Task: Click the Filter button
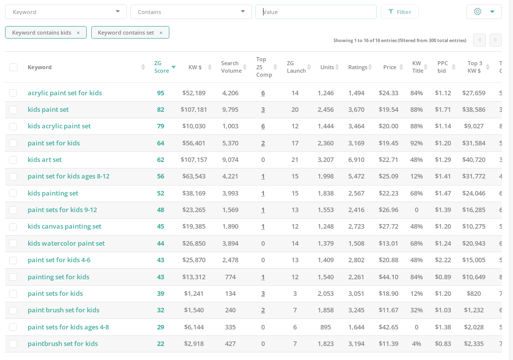coord(399,12)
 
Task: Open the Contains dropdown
coord(191,12)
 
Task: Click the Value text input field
coord(316,12)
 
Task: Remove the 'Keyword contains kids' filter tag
coord(78,33)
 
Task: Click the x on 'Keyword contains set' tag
coord(161,33)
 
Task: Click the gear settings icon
coord(477,12)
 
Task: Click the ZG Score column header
coord(161,67)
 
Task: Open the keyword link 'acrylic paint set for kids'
coord(65,93)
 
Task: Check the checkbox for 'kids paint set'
coord(13,110)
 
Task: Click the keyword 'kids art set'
coord(45,160)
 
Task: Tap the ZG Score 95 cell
coord(160,93)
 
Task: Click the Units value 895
coord(325,327)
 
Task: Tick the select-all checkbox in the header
coord(14,67)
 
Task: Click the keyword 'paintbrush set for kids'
coord(63,344)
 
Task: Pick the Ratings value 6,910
coord(356,160)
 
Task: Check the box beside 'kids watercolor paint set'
coord(13,244)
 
